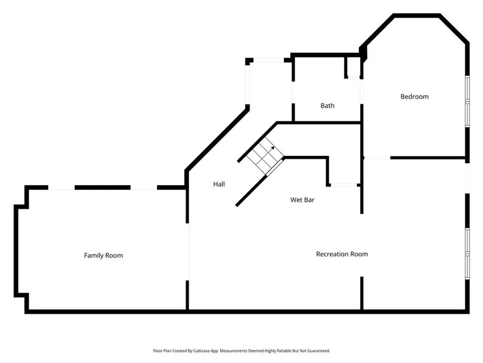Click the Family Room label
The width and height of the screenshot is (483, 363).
pyautogui.click(x=103, y=255)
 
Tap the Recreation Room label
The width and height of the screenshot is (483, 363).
pyautogui.click(x=342, y=254)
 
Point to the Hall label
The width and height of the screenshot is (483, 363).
pyautogui.click(x=219, y=184)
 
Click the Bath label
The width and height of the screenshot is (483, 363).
pyautogui.click(x=327, y=106)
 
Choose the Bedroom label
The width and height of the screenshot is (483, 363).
pyautogui.click(x=415, y=96)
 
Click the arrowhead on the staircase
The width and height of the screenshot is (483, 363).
pyautogui.click(x=273, y=148)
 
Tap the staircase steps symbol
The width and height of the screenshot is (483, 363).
pyautogui.click(x=262, y=155)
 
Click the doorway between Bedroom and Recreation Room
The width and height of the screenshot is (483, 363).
pyautogui.click(x=376, y=158)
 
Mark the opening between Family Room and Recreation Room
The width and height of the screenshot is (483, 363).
pyautogui.click(x=187, y=251)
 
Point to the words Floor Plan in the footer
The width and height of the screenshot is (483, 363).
pyautogui.click(x=160, y=351)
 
